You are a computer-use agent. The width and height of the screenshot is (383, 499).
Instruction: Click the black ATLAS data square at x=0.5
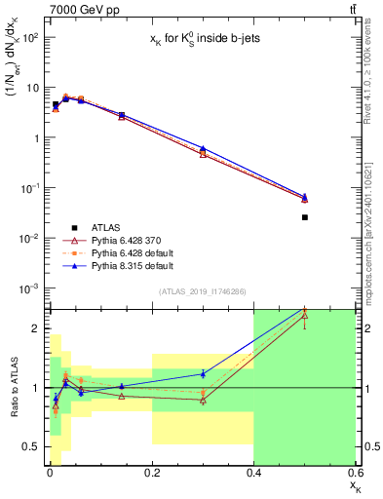point(305,217)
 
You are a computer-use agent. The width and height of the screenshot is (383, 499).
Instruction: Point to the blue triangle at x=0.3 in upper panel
point(203,148)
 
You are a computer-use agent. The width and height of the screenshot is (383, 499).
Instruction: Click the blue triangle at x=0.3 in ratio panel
point(203,373)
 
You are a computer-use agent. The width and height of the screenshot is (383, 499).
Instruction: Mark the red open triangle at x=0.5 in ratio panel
point(305,315)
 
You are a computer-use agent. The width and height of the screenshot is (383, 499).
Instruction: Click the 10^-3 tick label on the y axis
point(29,288)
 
